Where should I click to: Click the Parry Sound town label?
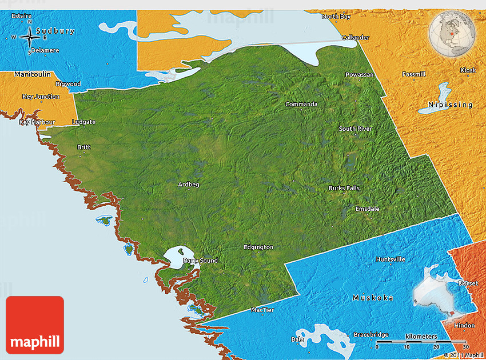(200, 261)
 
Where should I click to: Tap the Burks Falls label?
(344, 188)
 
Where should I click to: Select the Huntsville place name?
(391, 259)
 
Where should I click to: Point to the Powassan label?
(359, 75)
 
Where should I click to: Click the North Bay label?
(336, 17)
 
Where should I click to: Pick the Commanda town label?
(301, 104)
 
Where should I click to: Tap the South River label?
(355, 129)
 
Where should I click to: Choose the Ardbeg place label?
(189, 185)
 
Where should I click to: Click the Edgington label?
(258, 247)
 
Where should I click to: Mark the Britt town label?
(83, 147)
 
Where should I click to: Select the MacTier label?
(262, 310)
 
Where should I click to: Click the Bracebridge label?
(371, 334)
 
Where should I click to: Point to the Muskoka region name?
(373, 298)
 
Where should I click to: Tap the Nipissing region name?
(451, 105)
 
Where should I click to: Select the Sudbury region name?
(55, 31)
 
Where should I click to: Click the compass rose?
(29, 38)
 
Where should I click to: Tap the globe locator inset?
(452, 33)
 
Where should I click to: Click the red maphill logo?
(35, 325)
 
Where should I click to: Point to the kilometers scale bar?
(421, 341)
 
